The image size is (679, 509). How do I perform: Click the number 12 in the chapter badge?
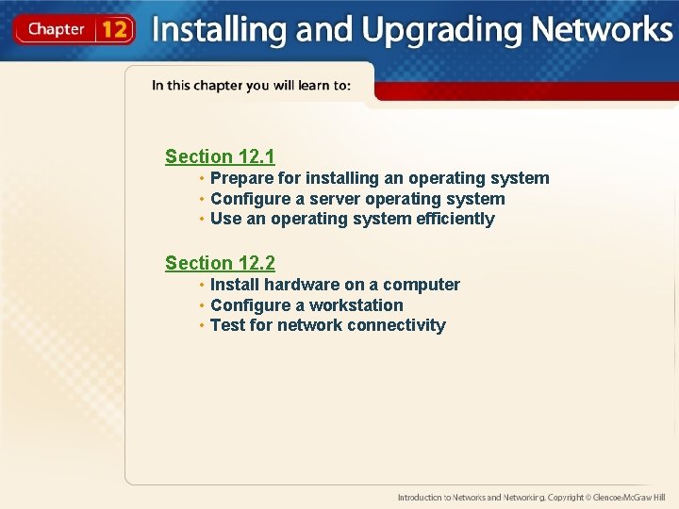[x=114, y=29]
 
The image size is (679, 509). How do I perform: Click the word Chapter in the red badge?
[x=57, y=29]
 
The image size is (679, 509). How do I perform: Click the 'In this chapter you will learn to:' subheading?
[x=252, y=86]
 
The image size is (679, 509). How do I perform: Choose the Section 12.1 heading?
[x=220, y=156]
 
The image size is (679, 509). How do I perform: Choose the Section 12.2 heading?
[x=220, y=263]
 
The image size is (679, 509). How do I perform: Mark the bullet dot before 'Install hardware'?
[x=202, y=285]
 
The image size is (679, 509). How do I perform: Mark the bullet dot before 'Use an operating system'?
[x=202, y=219]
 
